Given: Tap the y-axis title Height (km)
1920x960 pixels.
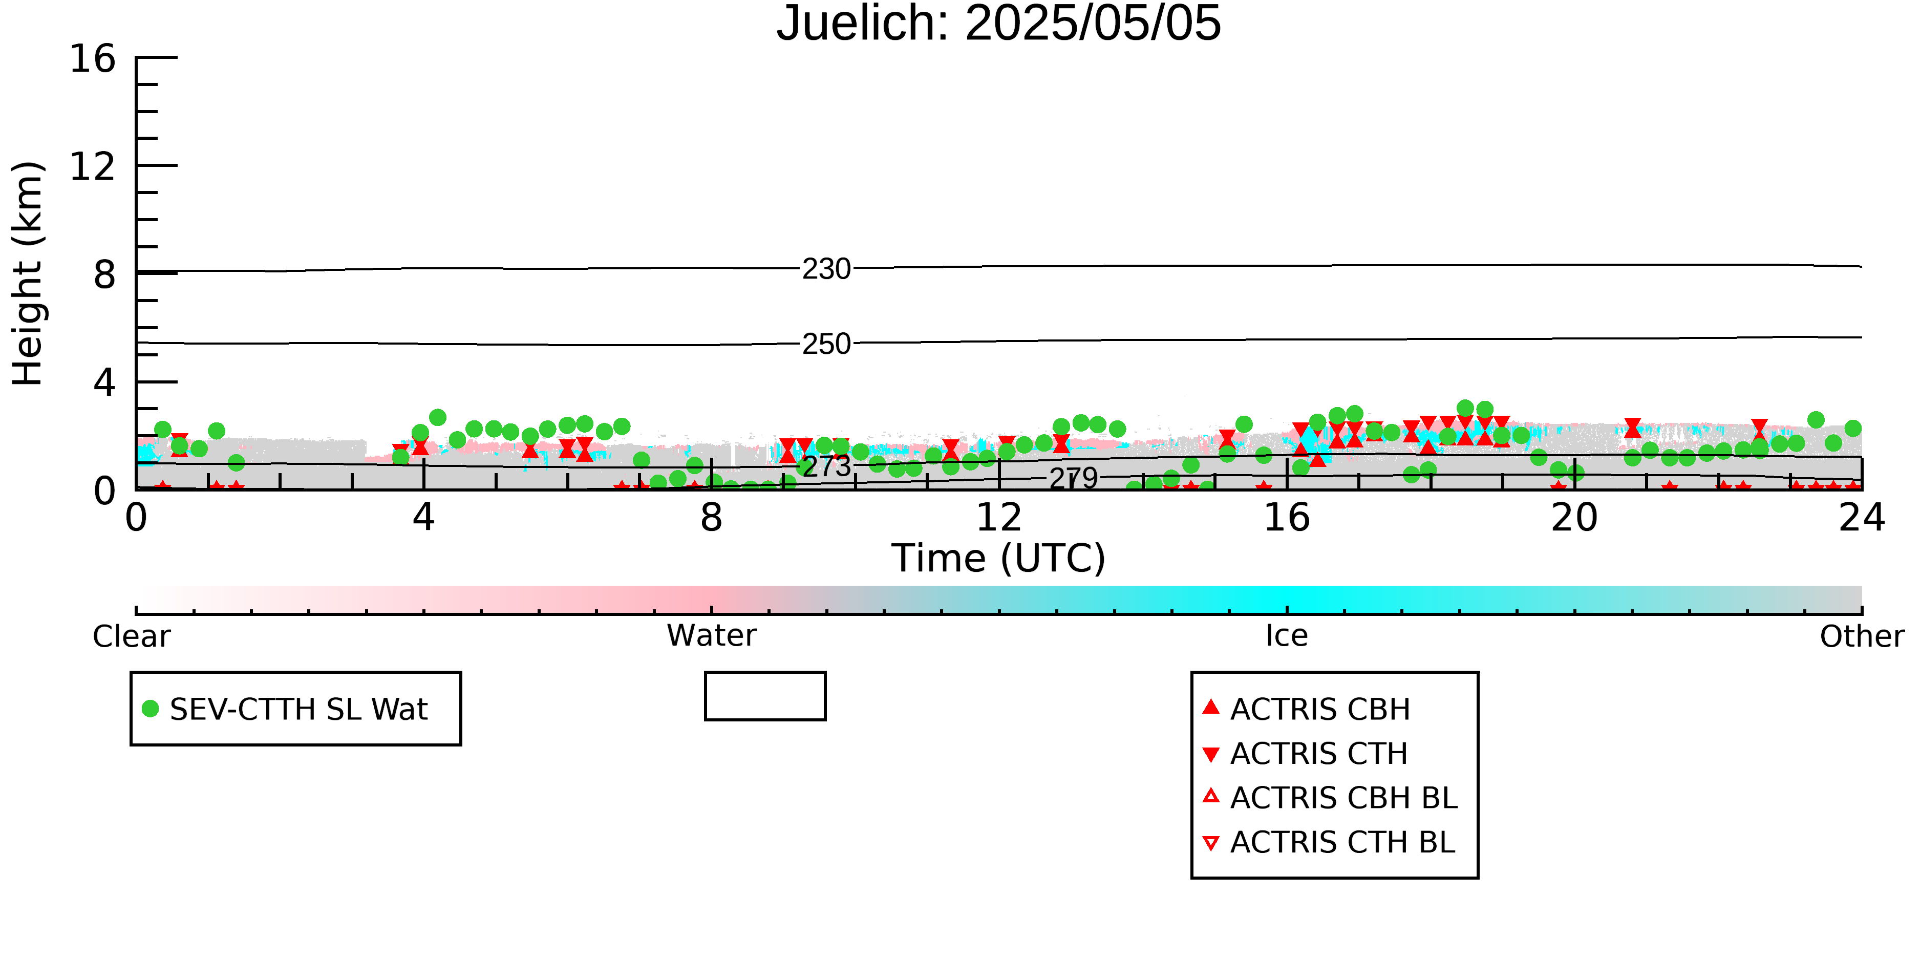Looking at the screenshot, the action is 28,273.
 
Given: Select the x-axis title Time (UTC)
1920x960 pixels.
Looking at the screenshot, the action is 999,558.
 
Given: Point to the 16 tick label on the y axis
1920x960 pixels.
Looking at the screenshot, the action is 93,58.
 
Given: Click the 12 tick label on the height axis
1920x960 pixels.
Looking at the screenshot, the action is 93,166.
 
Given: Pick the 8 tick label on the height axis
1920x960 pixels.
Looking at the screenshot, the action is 104,274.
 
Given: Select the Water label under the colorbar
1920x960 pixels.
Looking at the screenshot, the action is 712,636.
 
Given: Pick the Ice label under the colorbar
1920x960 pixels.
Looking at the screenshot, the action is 1287,636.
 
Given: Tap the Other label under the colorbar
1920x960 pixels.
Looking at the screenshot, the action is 1862,636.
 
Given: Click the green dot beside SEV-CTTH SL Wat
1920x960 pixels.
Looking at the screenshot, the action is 151,709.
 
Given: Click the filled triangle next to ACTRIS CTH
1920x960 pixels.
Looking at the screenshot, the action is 1211,754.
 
